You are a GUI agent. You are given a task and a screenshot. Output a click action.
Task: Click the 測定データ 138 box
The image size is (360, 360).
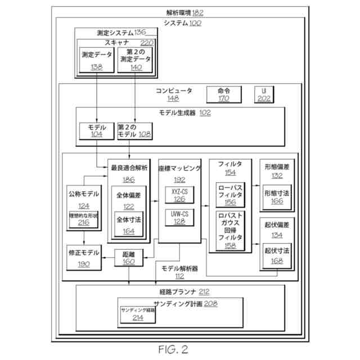pyautogui.click(x=97, y=60)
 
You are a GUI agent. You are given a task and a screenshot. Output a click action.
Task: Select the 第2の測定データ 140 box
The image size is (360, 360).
pyautogui.click(x=136, y=60)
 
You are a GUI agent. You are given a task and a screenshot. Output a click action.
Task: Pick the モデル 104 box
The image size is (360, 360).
pyautogui.click(x=97, y=132)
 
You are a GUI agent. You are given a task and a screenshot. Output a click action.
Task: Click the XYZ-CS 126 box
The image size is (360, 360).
pyautogui.click(x=179, y=195)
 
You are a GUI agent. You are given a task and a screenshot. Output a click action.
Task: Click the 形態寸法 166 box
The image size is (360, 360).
pyautogui.click(x=276, y=197)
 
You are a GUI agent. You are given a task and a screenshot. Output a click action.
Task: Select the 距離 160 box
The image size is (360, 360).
pyautogui.click(x=128, y=258)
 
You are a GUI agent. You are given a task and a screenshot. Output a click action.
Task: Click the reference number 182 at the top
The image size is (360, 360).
pyautogui.click(x=198, y=12)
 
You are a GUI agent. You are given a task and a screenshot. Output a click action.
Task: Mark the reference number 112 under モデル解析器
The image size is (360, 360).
pyautogui.click(x=179, y=276)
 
